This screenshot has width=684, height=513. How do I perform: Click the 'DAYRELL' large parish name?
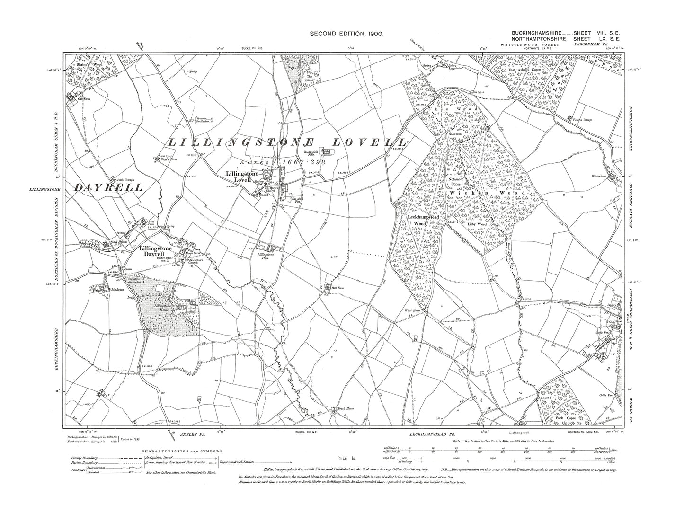(107, 187)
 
